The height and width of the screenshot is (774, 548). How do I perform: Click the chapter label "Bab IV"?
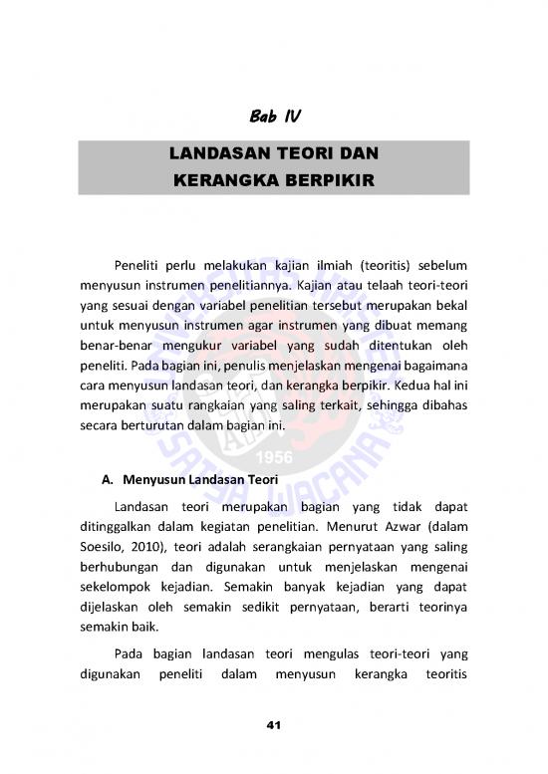(x=273, y=119)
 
